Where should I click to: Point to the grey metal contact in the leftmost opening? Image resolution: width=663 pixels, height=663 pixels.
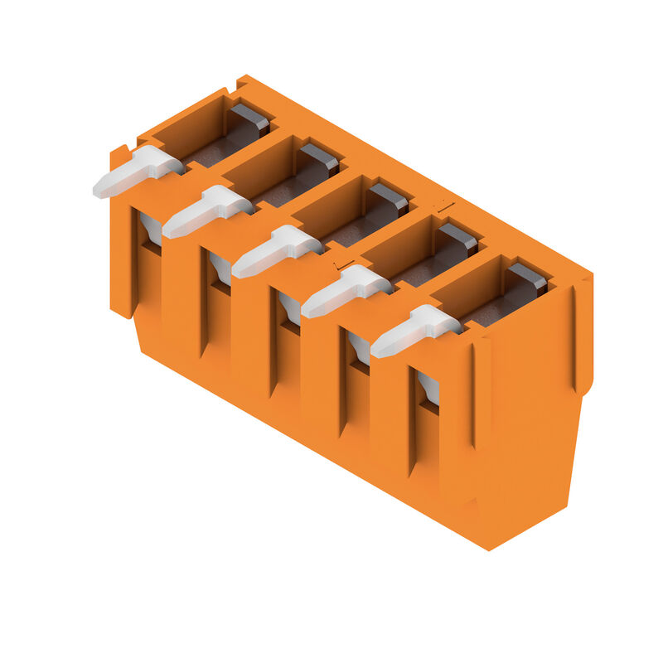249,119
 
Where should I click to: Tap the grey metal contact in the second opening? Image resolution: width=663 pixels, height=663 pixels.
319,158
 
